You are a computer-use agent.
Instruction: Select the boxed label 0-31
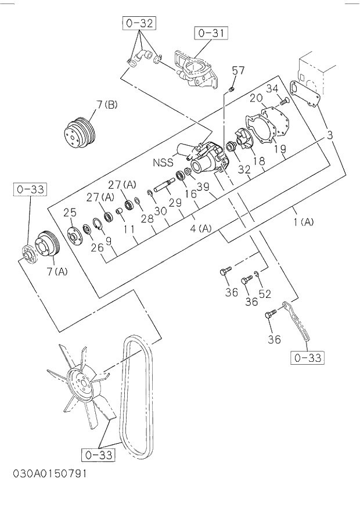211,33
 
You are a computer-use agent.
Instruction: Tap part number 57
238,71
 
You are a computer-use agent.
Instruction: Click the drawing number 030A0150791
50,473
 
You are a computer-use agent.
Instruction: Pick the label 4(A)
201,228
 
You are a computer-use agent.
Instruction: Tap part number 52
265,294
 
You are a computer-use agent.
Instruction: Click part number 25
70,213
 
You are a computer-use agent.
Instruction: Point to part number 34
273,88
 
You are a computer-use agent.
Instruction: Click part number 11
129,229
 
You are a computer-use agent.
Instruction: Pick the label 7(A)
57,271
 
